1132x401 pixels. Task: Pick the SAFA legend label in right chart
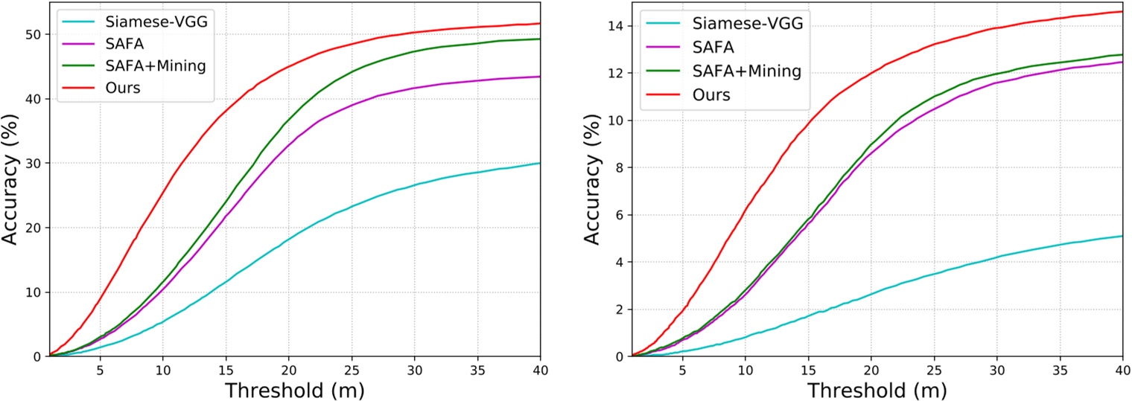coord(713,46)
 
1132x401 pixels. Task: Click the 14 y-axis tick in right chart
coord(617,26)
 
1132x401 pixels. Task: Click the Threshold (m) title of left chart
coord(294,390)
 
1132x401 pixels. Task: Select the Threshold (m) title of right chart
coord(877,390)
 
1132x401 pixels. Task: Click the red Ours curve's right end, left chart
coord(540,24)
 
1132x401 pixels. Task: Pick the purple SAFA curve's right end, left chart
coord(540,77)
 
